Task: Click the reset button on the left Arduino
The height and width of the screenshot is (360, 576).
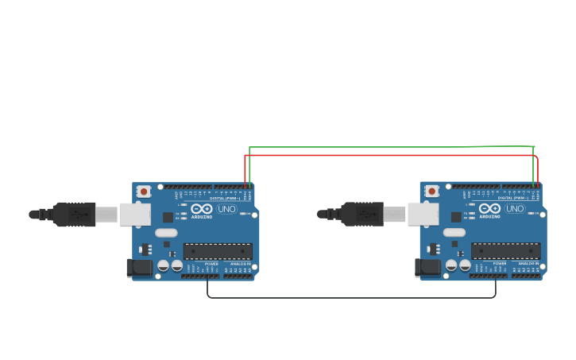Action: [x=144, y=192]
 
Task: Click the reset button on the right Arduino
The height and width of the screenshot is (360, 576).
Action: [x=431, y=192]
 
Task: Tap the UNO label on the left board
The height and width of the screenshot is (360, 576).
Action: [x=227, y=209]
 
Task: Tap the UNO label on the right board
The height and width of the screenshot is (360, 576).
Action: [x=515, y=209]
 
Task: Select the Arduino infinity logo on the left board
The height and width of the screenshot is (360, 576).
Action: [x=202, y=209]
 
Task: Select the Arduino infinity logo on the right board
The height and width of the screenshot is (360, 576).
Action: [x=489, y=209]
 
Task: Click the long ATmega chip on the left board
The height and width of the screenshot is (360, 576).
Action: [x=218, y=251]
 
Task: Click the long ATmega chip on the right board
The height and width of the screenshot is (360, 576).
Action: [x=505, y=251]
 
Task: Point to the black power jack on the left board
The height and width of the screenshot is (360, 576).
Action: [x=140, y=268]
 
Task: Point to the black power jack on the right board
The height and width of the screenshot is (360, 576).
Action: [x=428, y=268]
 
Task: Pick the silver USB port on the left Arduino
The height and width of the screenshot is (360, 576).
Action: [x=135, y=214]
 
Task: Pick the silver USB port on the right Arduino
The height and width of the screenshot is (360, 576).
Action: [x=423, y=214]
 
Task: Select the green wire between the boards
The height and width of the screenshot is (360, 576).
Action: [x=389, y=147]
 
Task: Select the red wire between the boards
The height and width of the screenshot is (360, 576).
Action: [x=389, y=156]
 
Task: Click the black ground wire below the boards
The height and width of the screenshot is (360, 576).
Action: [x=350, y=298]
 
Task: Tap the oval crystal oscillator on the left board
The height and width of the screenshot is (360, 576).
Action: [x=166, y=233]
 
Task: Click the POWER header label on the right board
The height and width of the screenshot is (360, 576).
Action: [x=500, y=264]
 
